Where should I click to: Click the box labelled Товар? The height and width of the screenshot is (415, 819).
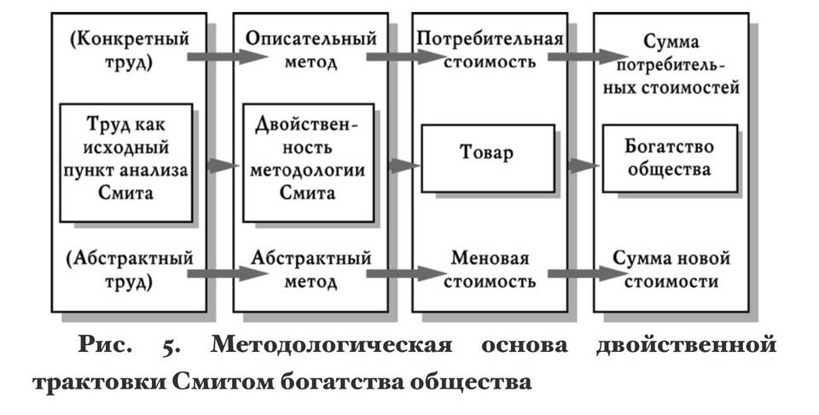(488, 158)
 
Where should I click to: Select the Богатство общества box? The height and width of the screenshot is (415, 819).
(671, 158)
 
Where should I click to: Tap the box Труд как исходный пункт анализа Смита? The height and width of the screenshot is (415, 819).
(126, 163)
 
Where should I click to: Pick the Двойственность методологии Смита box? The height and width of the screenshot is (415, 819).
(308, 163)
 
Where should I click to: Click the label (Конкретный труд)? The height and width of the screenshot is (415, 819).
(129, 50)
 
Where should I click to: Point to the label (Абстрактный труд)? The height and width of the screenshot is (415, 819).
(129, 270)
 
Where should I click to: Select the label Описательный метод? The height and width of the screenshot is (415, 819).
(311, 50)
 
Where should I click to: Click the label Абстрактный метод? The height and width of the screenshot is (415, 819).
(311, 270)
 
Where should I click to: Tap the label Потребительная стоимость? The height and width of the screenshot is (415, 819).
(490, 50)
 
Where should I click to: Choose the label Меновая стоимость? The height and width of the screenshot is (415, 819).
(490, 270)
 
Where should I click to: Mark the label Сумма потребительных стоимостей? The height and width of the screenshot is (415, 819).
(671, 64)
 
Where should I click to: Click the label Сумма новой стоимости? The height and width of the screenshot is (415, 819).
(671, 270)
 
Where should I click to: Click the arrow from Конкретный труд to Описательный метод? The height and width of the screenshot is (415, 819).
(228, 56)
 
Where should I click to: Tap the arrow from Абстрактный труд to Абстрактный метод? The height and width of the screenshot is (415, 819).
(228, 273)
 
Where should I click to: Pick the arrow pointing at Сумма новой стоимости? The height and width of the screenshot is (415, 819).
(588, 273)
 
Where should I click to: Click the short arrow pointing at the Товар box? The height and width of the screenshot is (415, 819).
(404, 166)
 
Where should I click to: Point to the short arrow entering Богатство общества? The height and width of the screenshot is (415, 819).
(584, 166)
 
